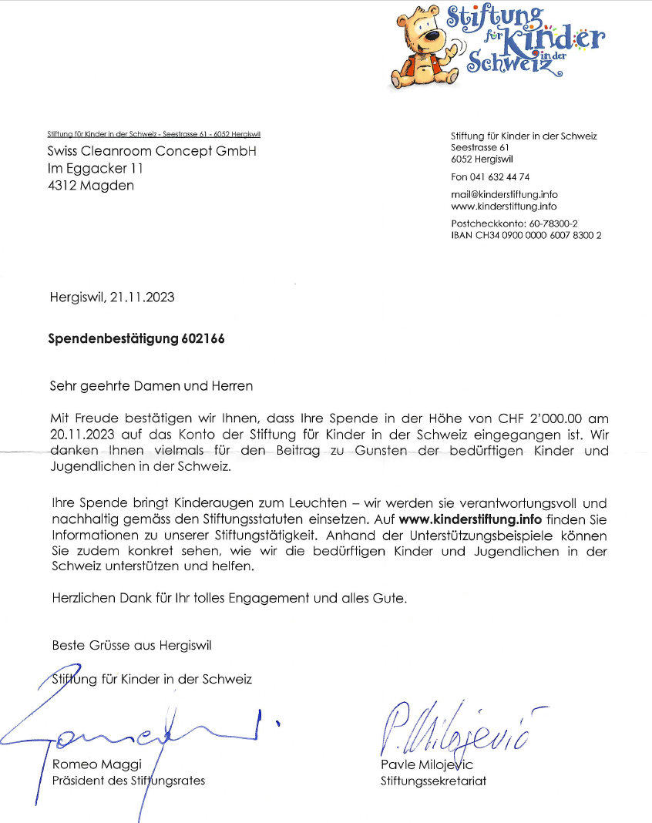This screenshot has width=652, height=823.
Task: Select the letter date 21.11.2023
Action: coord(143,297)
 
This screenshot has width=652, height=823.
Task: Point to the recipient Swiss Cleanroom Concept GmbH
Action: coord(152,151)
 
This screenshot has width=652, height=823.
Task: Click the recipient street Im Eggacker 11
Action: coord(95,168)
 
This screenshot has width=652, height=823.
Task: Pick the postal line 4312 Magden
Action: coord(90,185)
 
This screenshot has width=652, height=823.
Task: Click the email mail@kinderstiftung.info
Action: coord(504,195)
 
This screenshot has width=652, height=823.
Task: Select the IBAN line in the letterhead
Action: coord(526,234)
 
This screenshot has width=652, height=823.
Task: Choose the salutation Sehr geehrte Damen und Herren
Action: coord(152,385)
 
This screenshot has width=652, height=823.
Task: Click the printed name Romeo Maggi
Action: coord(86,764)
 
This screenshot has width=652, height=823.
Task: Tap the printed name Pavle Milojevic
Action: coord(426,764)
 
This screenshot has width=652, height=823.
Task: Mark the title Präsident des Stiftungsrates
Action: coord(128,780)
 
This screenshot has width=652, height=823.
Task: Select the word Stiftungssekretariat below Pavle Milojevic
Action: coord(433,781)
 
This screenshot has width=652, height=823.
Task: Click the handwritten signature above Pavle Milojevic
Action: coord(459,728)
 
